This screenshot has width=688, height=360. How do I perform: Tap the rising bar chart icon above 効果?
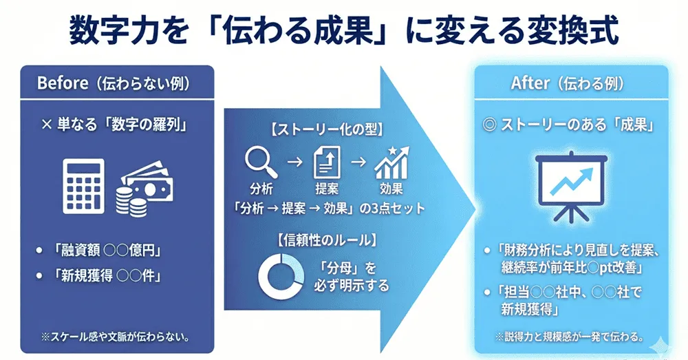[x=391, y=162]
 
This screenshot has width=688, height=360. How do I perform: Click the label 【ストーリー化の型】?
[x=321, y=128]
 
